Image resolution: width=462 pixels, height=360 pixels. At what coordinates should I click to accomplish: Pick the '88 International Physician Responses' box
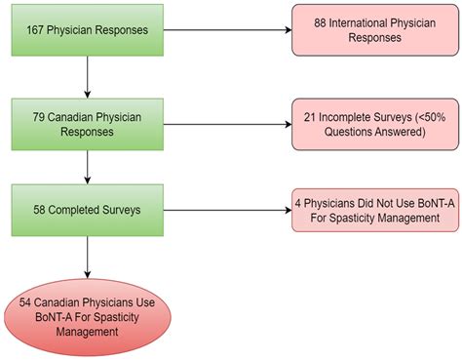tap(373, 29)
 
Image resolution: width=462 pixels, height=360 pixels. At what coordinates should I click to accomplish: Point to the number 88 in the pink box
tap(323, 22)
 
